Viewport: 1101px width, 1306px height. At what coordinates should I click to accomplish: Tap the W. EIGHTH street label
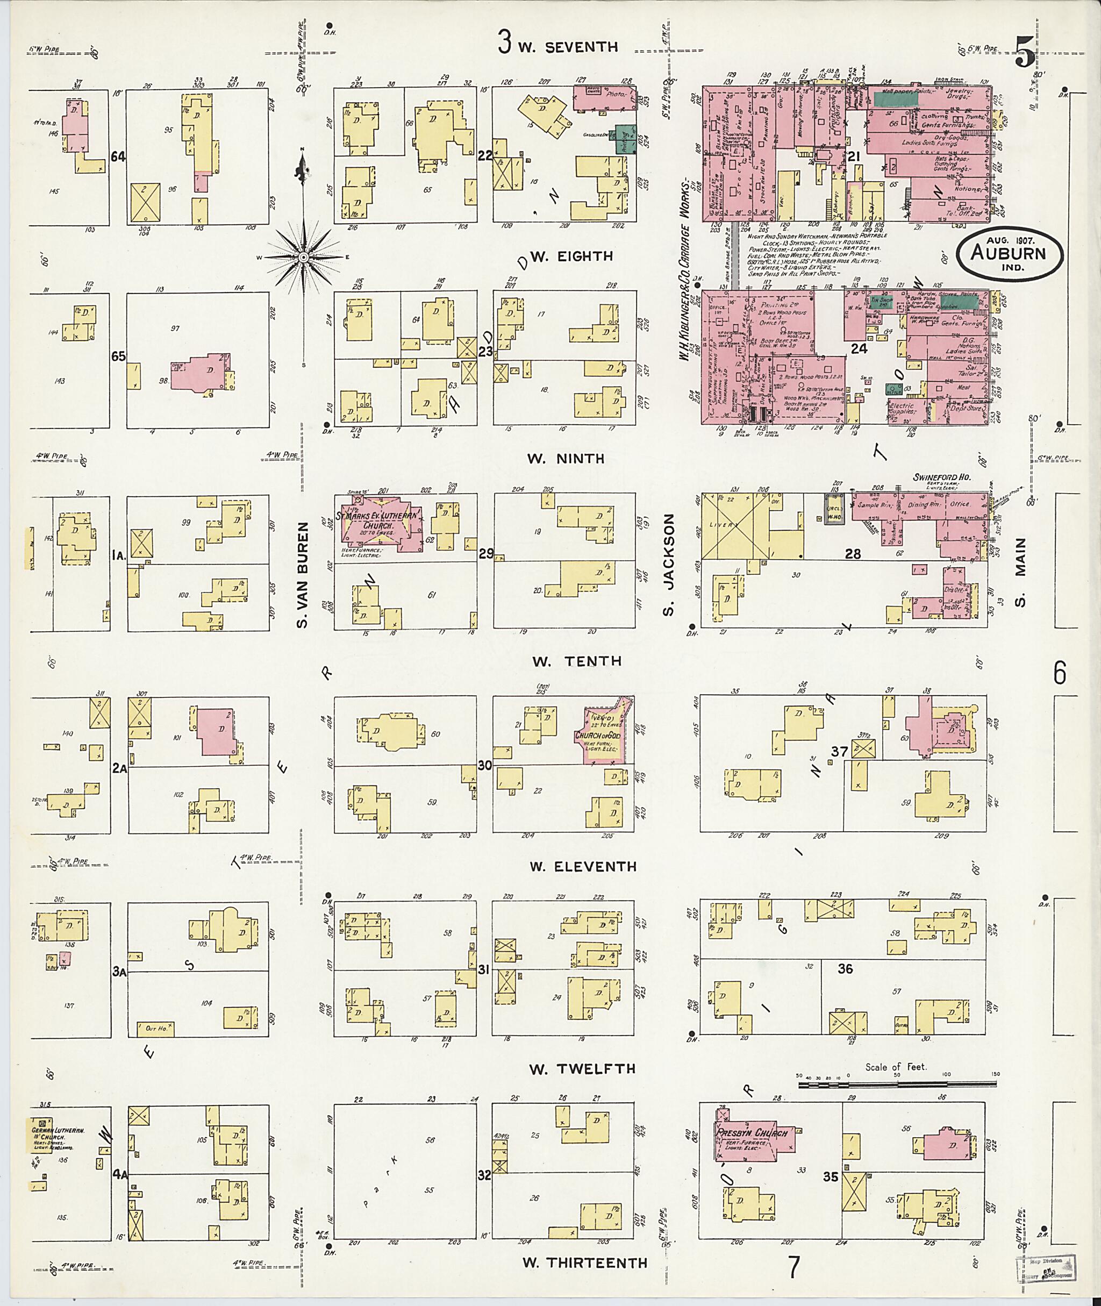(x=577, y=256)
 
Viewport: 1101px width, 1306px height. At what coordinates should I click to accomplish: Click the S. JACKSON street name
(x=668, y=565)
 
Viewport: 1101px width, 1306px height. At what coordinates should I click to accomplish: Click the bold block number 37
(x=840, y=751)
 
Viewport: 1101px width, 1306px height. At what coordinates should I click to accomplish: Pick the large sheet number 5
(x=1024, y=52)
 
